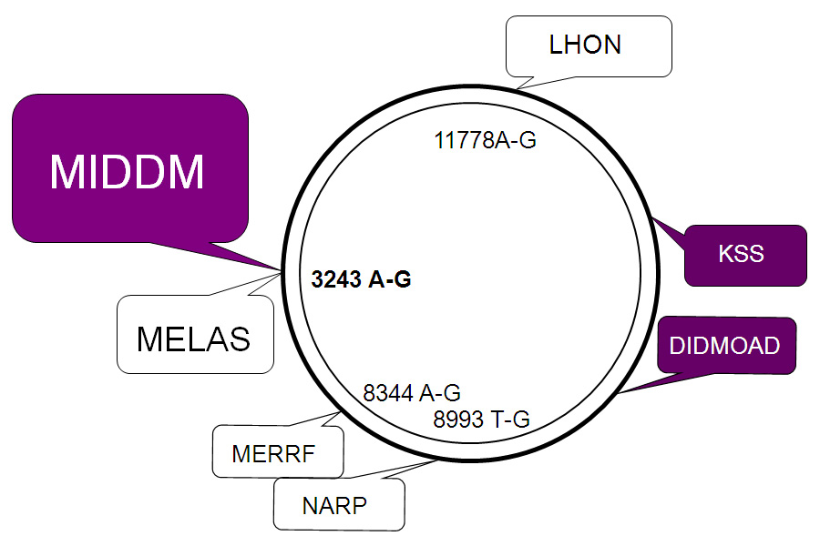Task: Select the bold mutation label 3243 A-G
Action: tap(361, 280)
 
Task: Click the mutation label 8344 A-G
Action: tap(411, 393)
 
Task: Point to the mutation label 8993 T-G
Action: tap(481, 420)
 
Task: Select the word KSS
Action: tap(741, 254)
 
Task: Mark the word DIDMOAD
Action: tap(724, 346)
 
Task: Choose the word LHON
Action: tap(585, 45)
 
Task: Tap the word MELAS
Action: tap(193, 339)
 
